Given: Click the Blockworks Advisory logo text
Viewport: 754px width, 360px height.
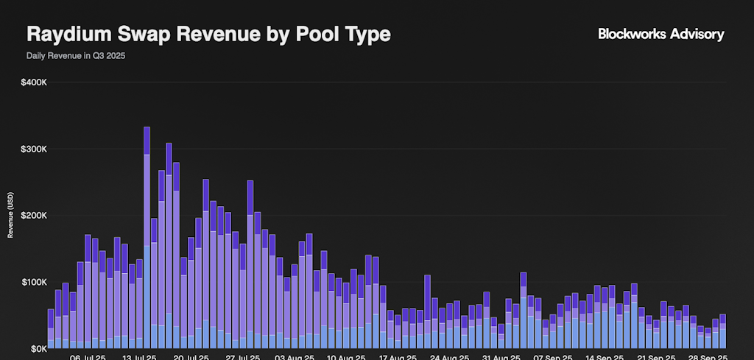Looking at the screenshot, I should [660, 34].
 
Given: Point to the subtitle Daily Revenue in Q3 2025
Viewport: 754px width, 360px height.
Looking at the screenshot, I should [76, 56].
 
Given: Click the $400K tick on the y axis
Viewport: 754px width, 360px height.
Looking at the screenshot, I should [35, 82].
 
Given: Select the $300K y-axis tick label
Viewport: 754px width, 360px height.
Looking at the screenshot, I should [35, 149].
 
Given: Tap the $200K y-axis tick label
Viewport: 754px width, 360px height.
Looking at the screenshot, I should [35, 216].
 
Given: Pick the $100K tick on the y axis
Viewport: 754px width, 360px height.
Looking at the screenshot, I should [35, 282].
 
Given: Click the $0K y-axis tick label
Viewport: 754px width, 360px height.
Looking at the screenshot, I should [38, 348].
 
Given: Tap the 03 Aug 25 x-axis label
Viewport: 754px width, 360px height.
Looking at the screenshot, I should [295, 357].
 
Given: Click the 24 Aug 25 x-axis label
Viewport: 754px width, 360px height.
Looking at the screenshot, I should [450, 357].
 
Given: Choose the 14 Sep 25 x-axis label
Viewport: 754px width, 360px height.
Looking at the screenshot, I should [605, 357].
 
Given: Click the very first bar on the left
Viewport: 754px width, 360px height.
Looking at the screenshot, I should [51, 329].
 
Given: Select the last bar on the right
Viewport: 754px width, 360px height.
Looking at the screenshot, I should [722, 331].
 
